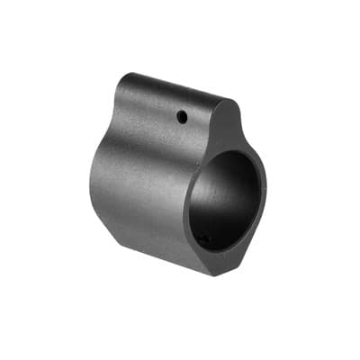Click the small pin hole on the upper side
tap(183, 115)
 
